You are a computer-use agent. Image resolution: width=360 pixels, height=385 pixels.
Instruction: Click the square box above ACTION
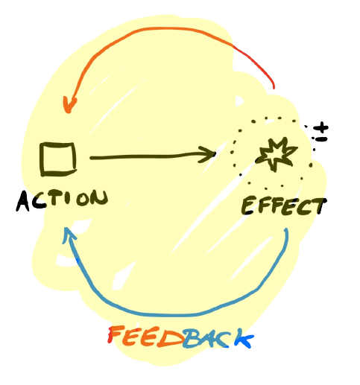tap(58, 159)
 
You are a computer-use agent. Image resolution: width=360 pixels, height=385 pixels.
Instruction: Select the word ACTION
tap(62, 200)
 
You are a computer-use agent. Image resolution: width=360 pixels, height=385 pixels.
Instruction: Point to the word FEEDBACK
tap(180, 337)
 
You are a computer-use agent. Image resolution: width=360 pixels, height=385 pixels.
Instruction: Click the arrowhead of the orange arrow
tap(69, 105)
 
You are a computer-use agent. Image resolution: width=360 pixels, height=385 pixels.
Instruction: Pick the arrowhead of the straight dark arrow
tap(207, 154)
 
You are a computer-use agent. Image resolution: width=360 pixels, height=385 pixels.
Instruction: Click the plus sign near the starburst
tap(321, 128)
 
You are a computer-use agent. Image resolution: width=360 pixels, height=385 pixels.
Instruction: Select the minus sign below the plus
tap(322, 139)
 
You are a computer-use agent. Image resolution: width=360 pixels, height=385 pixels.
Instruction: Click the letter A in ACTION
tap(23, 202)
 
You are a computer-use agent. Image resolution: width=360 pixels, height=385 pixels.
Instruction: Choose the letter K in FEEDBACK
tap(244, 338)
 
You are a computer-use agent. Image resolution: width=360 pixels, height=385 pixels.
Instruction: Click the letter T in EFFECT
tap(319, 206)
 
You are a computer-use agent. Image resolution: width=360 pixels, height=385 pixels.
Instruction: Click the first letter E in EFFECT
tap(248, 206)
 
